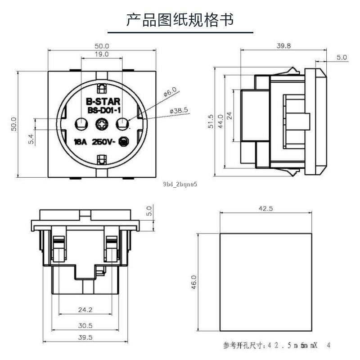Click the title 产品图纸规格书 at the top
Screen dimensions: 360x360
pyautogui.click(x=180, y=20)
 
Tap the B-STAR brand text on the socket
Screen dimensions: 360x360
pyautogui.click(x=102, y=102)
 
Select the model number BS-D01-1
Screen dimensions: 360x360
pyautogui.click(x=102, y=110)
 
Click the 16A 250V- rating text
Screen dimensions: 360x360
pyautogui.click(x=95, y=142)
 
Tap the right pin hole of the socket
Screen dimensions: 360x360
pyautogui.click(x=123, y=123)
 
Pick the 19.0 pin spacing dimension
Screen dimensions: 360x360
pyautogui.click(x=101, y=54)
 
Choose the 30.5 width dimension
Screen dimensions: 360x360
pyautogui.click(x=85, y=325)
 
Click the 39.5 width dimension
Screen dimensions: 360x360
pyautogui.click(x=85, y=337)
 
